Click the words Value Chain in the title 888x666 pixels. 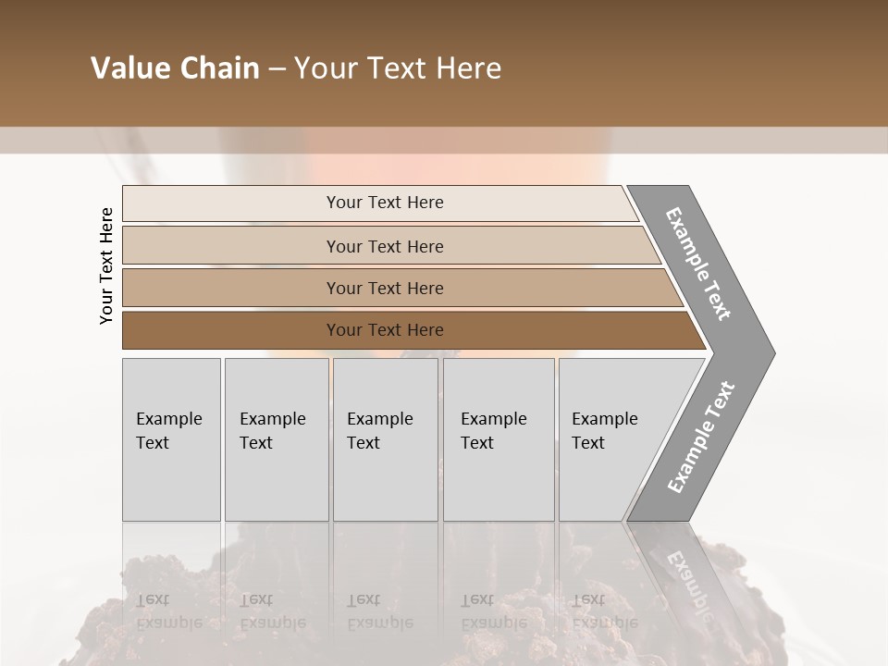tap(175, 68)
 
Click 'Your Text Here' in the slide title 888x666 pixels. tap(398, 68)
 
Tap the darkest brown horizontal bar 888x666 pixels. tap(231, 330)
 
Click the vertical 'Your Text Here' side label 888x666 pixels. tap(106, 265)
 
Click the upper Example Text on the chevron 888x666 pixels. tap(698, 264)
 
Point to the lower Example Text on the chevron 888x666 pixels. tap(700, 438)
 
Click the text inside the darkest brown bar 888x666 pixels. tap(385, 330)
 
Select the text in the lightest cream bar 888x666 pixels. tap(385, 203)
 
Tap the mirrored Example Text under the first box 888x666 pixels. tap(168, 610)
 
